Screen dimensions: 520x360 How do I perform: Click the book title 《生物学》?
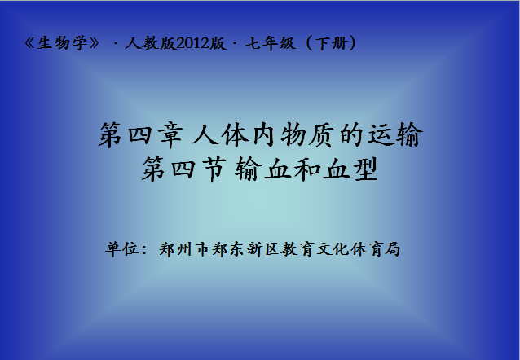62,43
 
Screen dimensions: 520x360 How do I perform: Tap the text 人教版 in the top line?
150,43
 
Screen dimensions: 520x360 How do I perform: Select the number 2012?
192,43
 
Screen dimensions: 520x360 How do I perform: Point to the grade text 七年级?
271,43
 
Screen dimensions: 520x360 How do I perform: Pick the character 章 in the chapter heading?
171,135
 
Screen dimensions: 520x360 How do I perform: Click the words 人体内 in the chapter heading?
233,135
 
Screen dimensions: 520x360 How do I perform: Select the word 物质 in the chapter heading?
306,135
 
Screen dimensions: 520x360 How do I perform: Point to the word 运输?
395,135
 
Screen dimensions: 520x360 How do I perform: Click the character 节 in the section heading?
214,169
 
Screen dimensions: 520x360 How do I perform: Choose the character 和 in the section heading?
306,169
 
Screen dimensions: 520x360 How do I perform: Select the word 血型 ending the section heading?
350,169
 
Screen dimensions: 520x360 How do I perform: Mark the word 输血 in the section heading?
262,169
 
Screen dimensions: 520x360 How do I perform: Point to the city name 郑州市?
185,249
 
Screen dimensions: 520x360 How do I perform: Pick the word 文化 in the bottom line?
332,249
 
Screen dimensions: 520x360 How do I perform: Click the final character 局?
392,249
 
